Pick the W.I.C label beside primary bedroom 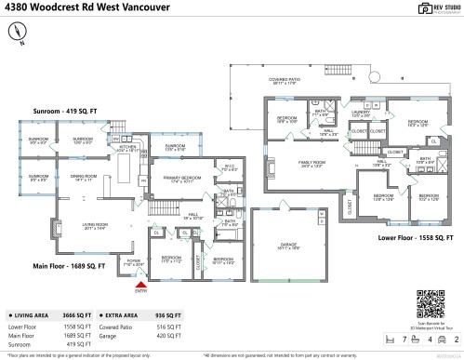click(230, 168)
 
